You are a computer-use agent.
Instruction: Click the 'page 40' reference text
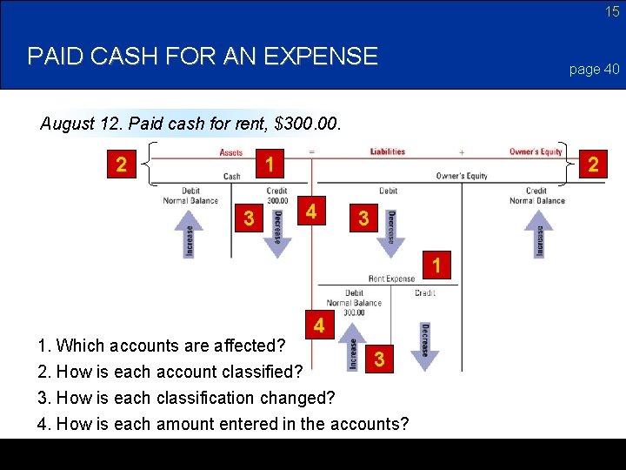coord(595,69)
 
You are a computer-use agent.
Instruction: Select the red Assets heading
coord(231,151)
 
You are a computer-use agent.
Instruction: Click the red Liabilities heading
coord(388,151)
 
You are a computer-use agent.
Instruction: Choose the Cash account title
coord(232,176)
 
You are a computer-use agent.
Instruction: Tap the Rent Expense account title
coord(391,279)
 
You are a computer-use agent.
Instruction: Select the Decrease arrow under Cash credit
coord(278,232)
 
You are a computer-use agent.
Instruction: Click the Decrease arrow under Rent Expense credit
coord(425,346)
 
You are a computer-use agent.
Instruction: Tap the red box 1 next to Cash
coord(270,164)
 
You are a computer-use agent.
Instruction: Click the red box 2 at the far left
coord(123,164)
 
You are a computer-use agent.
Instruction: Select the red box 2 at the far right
coord(593,164)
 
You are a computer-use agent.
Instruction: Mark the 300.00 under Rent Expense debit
coord(354,312)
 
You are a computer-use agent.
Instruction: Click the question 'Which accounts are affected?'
coord(162,346)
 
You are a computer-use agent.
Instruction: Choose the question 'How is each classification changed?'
coord(186,398)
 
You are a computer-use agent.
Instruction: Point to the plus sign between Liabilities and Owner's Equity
coord(461,151)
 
